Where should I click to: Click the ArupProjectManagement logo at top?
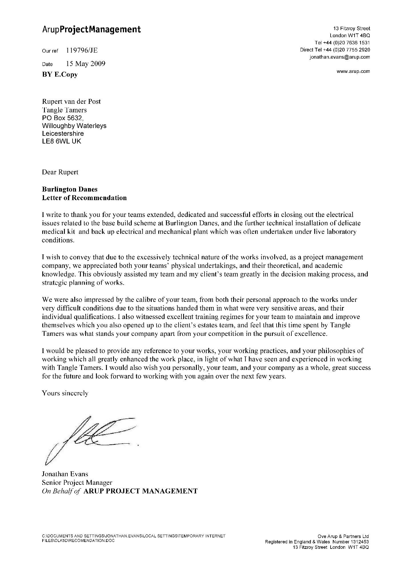(91, 30)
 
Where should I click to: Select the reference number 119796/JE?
(82, 51)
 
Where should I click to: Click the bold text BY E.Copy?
(60, 75)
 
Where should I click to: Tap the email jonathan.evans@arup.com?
(340, 57)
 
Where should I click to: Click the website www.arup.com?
(353, 71)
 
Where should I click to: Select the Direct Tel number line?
(335, 50)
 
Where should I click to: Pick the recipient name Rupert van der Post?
(71, 101)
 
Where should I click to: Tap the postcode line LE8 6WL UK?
(61, 141)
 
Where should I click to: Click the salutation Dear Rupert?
(60, 172)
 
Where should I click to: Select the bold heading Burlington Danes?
(69, 189)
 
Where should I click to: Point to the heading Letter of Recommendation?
(84, 198)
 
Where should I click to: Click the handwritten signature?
(89, 439)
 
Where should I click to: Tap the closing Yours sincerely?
(65, 393)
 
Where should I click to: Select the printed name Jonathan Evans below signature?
(65, 474)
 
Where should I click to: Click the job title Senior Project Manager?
(77, 483)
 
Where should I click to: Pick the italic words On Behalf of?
(61, 491)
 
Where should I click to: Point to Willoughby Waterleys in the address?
(74, 126)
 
